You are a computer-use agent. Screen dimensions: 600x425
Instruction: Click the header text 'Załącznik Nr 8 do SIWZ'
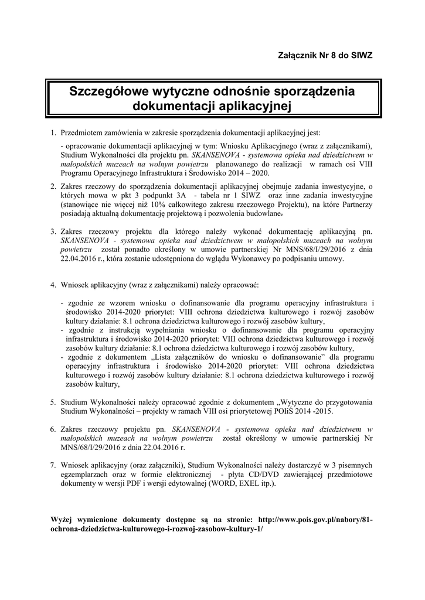coord(324,55)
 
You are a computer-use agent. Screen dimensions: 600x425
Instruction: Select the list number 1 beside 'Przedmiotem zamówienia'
coord(53,133)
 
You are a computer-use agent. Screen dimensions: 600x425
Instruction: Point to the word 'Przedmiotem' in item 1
coord(81,133)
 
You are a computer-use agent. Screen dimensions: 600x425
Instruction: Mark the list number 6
coord(53,430)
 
